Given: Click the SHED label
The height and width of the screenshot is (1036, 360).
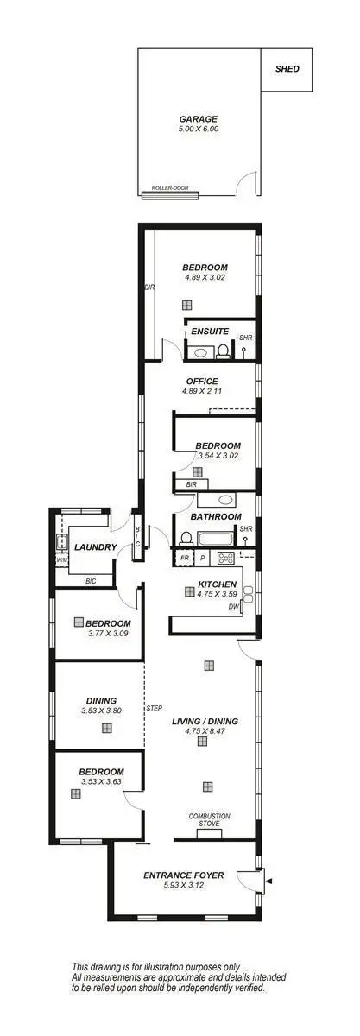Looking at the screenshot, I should tap(287, 68).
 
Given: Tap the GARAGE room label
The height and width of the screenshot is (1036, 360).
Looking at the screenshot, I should tap(198, 119).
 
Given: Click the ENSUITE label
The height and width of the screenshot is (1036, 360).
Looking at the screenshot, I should tap(210, 331).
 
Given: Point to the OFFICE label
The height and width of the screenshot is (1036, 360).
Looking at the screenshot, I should tap(201, 381).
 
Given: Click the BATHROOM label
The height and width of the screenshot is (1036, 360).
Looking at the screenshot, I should tap(216, 516).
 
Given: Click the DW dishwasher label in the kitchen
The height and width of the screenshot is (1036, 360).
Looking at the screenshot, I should tap(233, 607).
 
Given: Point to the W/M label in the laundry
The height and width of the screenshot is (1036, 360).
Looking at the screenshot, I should tap(61, 560).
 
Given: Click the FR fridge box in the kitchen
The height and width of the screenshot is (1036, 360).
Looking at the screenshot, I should tap(184, 559).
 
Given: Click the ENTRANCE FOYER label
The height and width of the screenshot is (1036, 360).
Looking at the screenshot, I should tap(183, 875).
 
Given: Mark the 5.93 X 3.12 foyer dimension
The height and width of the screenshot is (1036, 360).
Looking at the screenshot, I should tap(183, 885).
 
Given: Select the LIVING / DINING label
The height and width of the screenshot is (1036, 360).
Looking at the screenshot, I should tap(205, 721).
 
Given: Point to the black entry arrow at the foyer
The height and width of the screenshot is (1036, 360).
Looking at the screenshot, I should tap(269, 881).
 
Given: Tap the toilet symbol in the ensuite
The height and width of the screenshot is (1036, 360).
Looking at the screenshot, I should tap(223, 351).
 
